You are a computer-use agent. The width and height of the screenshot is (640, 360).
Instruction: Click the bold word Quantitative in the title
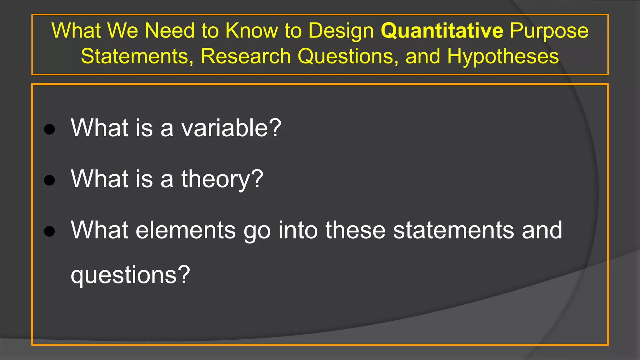(x=442, y=31)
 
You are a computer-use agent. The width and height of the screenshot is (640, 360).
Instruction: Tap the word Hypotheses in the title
(x=503, y=56)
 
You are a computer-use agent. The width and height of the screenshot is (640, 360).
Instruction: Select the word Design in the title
(x=341, y=31)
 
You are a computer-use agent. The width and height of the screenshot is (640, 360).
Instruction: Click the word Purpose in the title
(x=549, y=31)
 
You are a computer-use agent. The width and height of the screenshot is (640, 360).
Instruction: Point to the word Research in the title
(x=246, y=56)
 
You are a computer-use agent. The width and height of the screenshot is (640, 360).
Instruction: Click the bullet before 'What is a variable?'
(x=50, y=129)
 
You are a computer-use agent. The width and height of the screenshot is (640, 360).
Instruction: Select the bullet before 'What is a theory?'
(x=50, y=180)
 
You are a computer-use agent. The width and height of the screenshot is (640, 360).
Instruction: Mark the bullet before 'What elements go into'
(x=50, y=231)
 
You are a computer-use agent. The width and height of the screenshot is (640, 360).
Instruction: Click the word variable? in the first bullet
(x=231, y=128)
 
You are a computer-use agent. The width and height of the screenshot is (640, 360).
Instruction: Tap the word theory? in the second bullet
(x=222, y=179)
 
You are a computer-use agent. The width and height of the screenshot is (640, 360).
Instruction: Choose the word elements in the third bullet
(x=186, y=230)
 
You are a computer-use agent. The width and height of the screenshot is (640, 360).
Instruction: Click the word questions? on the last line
(x=130, y=275)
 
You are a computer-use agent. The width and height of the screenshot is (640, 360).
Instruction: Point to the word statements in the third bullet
(x=453, y=230)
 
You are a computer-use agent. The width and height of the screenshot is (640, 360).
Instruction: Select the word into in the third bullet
(x=298, y=230)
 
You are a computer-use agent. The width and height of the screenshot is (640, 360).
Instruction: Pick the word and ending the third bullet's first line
(x=542, y=230)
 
